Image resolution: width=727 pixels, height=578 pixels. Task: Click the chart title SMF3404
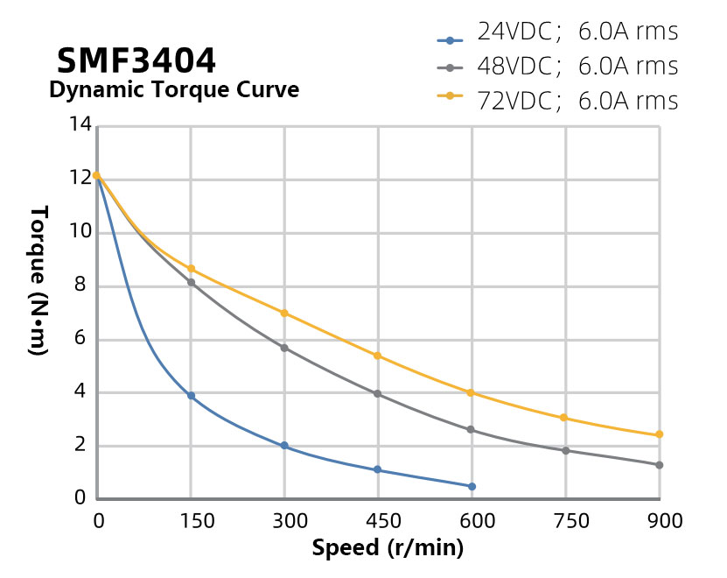tap(136, 60)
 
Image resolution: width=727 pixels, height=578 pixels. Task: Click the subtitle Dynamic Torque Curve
tap(173, 90)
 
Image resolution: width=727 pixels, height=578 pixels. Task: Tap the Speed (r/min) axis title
tap(388, 549)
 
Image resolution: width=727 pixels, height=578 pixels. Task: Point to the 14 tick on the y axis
tap(80, 125)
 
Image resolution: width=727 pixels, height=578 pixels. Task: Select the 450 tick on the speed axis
tap(378, 521)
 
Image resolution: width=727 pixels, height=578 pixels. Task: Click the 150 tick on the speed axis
tap(191, 521)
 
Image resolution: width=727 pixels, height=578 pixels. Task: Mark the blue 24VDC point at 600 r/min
tap(472, 486)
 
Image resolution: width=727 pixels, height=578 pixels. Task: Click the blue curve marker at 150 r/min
tap(191, 396)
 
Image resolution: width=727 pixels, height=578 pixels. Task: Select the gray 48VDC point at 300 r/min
tap(284, 348)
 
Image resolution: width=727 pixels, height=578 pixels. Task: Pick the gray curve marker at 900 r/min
tap(659, 465)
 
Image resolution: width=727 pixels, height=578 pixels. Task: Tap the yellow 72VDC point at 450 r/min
tap(378, 356)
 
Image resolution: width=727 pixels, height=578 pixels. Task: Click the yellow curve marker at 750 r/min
tap(564, 418)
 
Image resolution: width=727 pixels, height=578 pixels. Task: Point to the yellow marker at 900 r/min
tap(659, 434)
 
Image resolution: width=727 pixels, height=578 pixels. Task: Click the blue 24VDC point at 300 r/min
tap(284, 446)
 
